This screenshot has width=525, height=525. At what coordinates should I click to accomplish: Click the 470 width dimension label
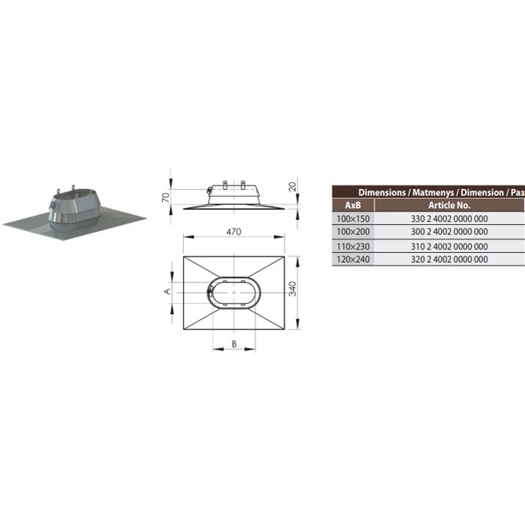click(234, 232)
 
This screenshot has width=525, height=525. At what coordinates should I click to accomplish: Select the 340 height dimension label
click(292, 289)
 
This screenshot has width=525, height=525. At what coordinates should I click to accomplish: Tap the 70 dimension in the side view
click(165, 198)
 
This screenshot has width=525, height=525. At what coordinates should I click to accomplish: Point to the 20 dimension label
click(292, 186)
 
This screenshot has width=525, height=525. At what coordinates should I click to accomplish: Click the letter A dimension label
click(167, 291)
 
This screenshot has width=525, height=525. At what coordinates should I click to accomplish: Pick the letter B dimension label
click(234, 344)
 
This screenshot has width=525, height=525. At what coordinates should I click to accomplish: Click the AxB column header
click(353, 205)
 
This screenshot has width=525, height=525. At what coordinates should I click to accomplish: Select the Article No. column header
click(449, 205)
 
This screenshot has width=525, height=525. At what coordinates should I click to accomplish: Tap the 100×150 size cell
click(354, 219)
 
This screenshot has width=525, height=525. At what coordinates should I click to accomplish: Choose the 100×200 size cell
click(354, 232)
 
